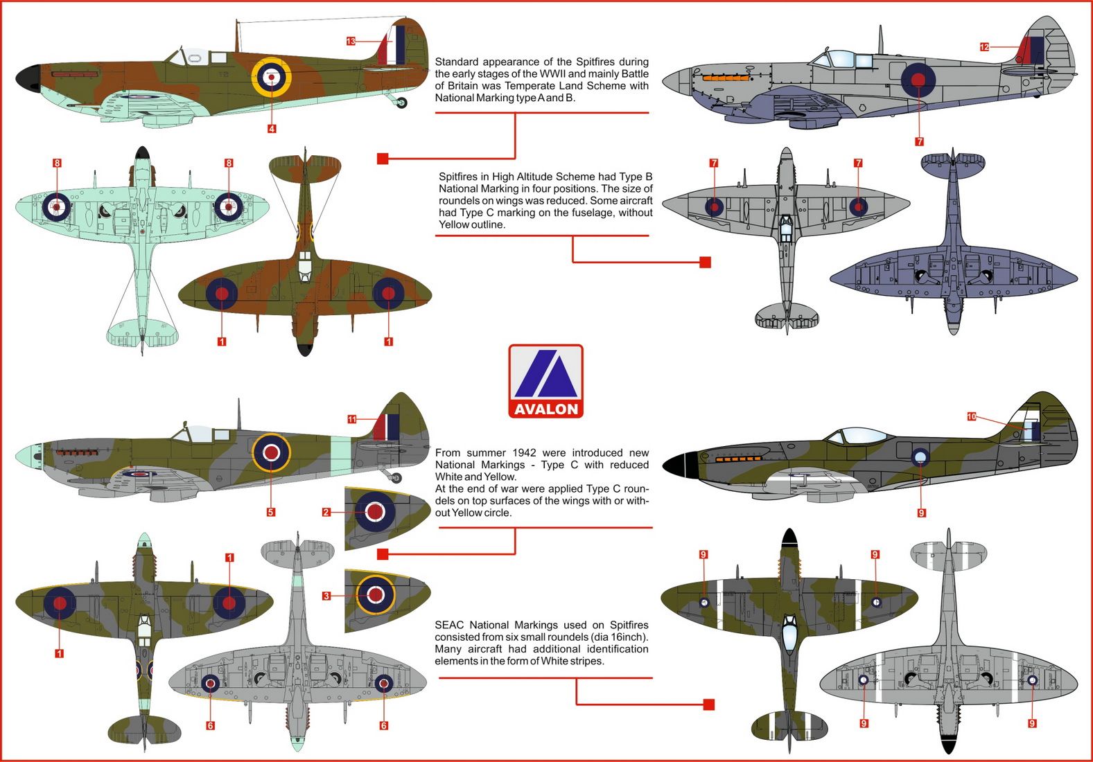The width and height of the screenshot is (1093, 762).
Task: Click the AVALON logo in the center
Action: coord(545,381)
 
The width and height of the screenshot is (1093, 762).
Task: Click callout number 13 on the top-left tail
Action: coord(351,42)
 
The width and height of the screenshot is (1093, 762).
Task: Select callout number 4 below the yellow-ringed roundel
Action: coord(272,129)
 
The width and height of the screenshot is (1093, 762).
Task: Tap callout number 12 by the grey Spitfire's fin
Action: coord(984,47)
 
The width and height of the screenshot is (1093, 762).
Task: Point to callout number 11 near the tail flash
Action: coord(352,419)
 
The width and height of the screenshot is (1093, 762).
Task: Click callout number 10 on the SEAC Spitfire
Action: coord(972,416)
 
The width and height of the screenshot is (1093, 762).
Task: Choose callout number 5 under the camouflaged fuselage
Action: coord(271,513)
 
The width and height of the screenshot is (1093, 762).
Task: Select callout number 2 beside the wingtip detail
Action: coord(326,513)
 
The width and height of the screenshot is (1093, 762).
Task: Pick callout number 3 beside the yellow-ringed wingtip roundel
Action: coord(326,596)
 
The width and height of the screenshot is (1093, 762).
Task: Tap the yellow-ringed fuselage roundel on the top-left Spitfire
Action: coord(271,77)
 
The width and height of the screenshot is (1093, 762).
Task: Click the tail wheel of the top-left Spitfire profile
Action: coord(402,103)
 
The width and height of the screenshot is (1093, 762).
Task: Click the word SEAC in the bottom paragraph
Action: coord(448,625)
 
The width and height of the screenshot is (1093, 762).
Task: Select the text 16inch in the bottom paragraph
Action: coord(629,637)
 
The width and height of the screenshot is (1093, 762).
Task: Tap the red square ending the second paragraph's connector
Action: coord(705,263)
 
